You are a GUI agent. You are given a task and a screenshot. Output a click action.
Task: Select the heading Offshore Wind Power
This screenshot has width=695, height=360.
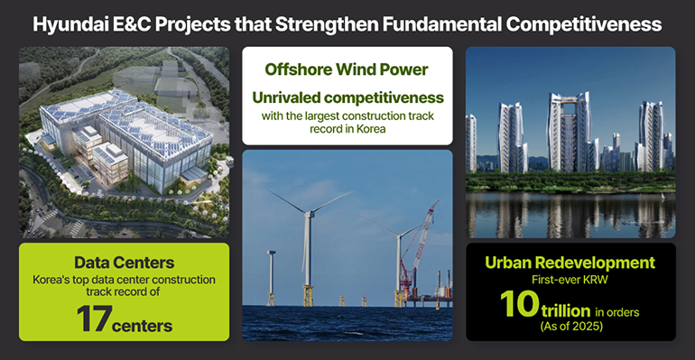click(347, 69)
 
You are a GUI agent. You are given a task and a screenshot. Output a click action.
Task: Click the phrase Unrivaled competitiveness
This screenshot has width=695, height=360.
click(347, 97)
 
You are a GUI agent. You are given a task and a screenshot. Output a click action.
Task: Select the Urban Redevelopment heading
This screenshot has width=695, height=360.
click(570, 263)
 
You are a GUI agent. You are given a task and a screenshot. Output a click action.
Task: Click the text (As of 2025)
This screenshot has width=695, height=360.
click(570, 326)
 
